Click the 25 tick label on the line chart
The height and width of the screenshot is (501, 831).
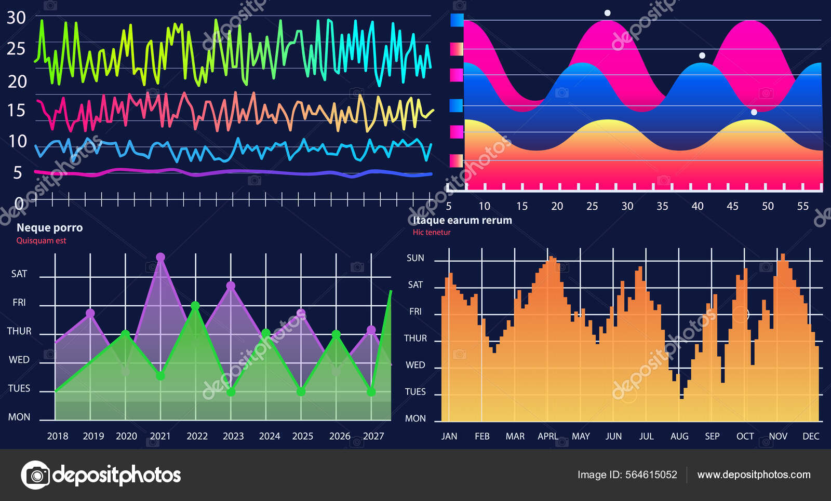click(16, 49)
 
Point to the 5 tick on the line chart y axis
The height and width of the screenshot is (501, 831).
click(18, 173)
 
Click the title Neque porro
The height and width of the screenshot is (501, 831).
click(49, 227)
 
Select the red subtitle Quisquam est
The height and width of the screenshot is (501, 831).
click(41, 240)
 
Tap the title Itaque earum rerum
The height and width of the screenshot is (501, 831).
click(462, 220)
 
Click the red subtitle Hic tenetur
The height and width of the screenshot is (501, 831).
click(432, 232)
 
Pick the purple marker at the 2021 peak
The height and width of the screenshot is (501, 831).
click(160, 257)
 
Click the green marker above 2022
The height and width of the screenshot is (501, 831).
click(195, 306)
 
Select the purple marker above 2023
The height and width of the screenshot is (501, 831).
click(231, 286)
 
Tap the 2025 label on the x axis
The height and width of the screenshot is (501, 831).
click(302, 436)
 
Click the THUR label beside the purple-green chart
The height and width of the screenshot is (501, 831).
click(19, 331)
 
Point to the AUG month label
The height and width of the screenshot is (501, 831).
click(679, 436)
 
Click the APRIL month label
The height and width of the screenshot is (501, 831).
click(548, 436)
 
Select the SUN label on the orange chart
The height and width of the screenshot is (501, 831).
click(415, 258)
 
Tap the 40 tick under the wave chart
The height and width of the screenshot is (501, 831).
click(698, 206)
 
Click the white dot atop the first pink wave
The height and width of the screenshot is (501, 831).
click(607, 13)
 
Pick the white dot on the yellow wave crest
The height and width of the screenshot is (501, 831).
click(754, 112)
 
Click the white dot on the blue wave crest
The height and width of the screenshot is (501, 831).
click(702, 56)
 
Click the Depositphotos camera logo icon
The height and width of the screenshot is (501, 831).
click(35, 475)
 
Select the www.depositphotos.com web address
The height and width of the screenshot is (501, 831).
click(754, 475)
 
